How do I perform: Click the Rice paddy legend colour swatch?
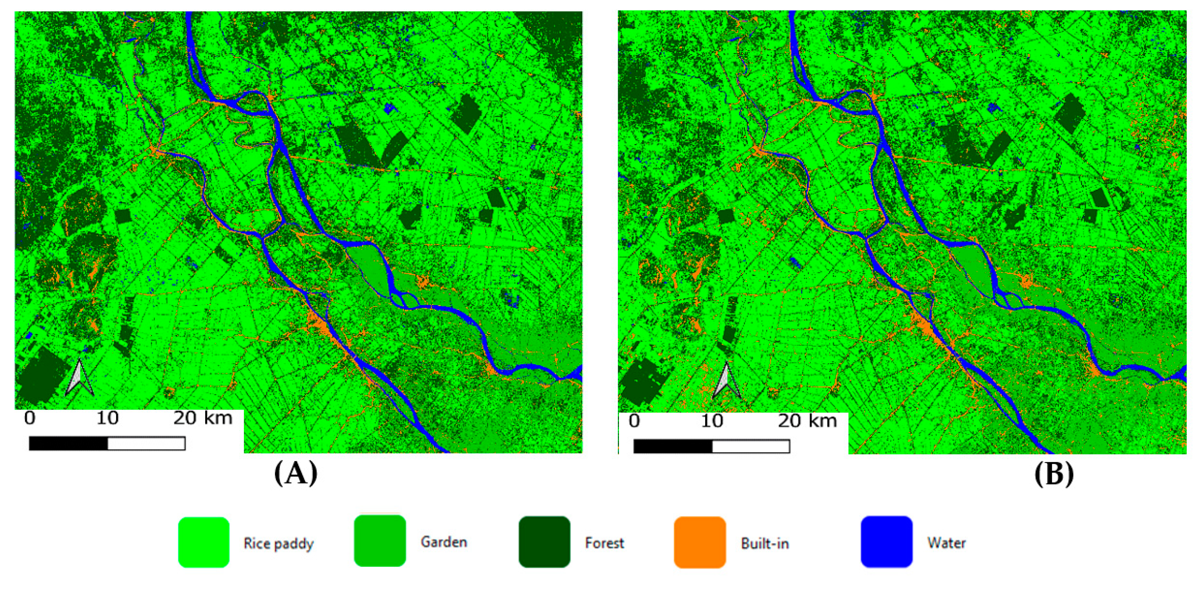(x=203, y=542)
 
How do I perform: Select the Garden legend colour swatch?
(x=379, y=541)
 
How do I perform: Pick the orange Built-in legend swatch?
(x=700, y=542)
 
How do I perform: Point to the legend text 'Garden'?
(x=444, y=541)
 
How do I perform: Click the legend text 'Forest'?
(x=604, y=543)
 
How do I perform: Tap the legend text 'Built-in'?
(x=765, y=543)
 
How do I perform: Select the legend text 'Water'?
(x=946, y=543)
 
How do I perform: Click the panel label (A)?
(x=296, y=474)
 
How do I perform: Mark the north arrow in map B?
(x=726, y=381)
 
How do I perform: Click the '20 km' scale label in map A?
(x=203, y=418)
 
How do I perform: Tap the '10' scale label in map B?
(x=711, y=421)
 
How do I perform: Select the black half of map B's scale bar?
(x=672, y=446)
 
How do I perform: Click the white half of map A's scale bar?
(x=146, y=443)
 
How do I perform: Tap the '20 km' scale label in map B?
(x=807, y=421)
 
